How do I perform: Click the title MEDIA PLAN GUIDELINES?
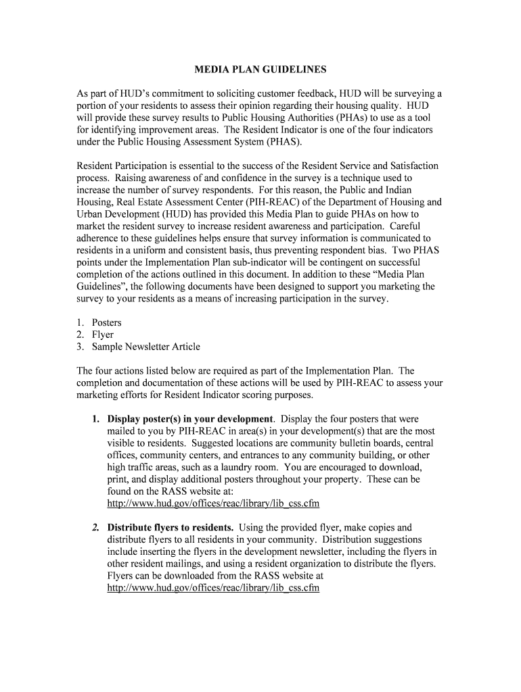260,70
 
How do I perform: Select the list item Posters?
106,322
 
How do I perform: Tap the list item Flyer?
103,335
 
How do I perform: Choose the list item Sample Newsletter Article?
146,347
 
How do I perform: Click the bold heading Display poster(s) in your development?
190,419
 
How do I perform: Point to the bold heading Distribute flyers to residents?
171,528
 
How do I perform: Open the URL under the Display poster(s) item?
213,504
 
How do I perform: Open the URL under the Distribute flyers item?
213,589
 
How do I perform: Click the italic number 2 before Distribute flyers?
96,528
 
